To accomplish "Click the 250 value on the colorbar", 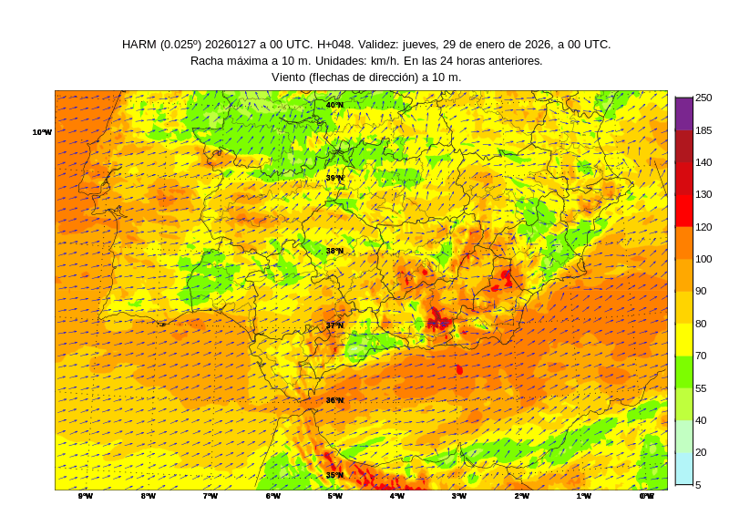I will [703, 98].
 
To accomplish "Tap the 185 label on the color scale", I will [703, 130].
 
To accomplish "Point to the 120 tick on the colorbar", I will [703, 227].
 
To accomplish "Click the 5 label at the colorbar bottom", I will [698, 485].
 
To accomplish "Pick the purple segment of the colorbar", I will [683, 113].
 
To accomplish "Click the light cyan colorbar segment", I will [683, 469].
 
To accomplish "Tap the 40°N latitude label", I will [334, 105].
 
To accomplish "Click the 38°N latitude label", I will [334, 251].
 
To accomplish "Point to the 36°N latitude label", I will [334, 400].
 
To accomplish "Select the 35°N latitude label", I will [334, 475].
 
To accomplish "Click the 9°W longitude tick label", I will [86, 496].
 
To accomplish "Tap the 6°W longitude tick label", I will [272, 496].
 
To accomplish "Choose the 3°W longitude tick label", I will [459, 496].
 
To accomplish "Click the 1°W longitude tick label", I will [583, 496].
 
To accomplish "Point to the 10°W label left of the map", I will [42, 132].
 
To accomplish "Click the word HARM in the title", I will [139, 45].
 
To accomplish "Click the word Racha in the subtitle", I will [209, 61].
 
